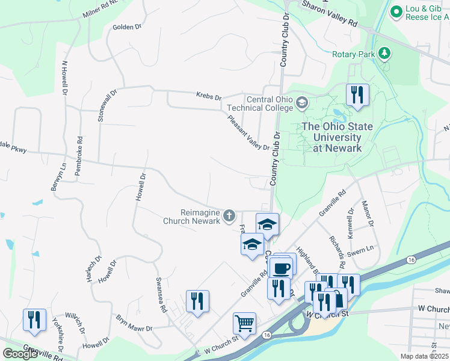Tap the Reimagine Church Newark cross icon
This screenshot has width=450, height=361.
(x=229, y=215)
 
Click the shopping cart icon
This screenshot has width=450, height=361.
(x=244, y=324)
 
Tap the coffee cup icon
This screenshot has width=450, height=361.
(x=280, y=267)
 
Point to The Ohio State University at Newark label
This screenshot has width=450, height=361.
(x=337, y=137)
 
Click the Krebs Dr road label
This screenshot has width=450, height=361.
(x=209, y=96)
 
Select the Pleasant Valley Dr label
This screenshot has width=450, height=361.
(x=248, y=132)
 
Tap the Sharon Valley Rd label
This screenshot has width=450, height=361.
(x=330, y=14)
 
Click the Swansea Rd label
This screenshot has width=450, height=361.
(x=161, y=295)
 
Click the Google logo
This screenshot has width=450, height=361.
(x=20, y=354)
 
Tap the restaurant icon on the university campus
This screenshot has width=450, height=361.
(x=357, y=94)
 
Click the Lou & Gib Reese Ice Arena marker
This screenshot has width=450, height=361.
(x=396, y=11)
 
